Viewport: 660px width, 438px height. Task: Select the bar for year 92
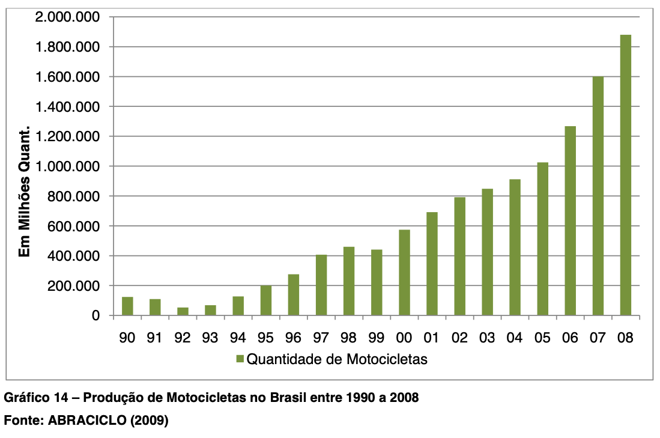click(x=183, y=311)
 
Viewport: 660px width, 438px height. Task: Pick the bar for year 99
click(x=377, y=282)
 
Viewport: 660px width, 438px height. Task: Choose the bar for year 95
click(x=265, y=300)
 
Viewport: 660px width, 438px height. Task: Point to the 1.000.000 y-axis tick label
click(x=67, y=166)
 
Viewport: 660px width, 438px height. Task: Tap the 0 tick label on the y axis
click(x=95, y=315)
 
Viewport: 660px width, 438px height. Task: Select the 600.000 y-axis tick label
click(x=71, y=226)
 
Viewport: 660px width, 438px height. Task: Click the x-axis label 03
click(x=487, y=338)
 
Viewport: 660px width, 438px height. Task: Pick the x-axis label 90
click(x=127, y=338)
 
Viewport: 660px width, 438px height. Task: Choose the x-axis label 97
click(x=321, y=338)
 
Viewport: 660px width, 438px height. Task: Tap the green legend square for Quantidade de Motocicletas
click(x=240, y=359)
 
